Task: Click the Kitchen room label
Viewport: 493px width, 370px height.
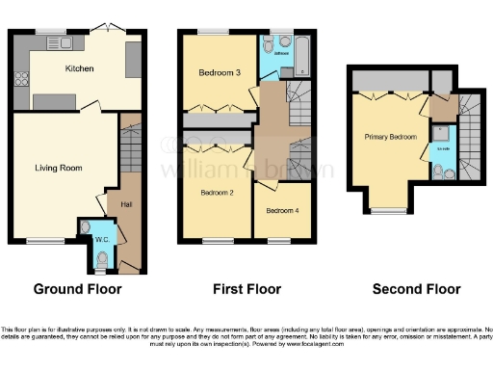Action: [x=78, y=69]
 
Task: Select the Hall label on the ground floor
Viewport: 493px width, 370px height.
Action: [x=126, y=204]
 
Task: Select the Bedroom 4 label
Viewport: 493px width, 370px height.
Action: [x=279, y=211]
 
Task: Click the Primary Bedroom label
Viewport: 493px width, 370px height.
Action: [x=391, y=137]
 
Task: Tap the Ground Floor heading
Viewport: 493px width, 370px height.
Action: [x=74, y=288]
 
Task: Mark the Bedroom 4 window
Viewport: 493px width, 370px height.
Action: [x=280, y=240]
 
